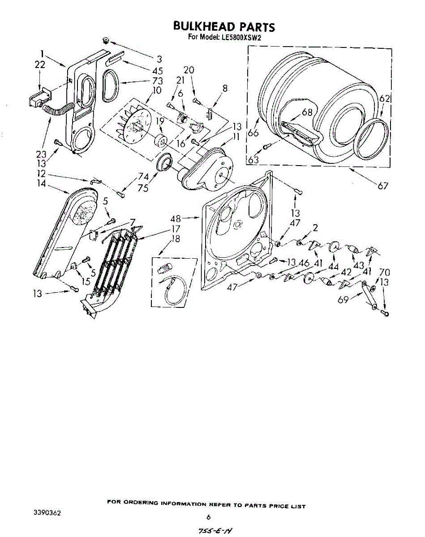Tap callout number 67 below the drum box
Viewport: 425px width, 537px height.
pos(382,186)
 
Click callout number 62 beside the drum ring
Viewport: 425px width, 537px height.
pos(384,99)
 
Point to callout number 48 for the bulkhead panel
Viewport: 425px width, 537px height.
pos(176,219)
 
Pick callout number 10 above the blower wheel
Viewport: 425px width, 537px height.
pos(156,90)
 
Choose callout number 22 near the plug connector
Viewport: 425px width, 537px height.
pos(40,64)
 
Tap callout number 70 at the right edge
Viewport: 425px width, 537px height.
pos(384,272)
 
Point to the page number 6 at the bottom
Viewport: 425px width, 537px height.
pos(208,517)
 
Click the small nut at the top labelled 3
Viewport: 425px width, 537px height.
pos(106,41)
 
